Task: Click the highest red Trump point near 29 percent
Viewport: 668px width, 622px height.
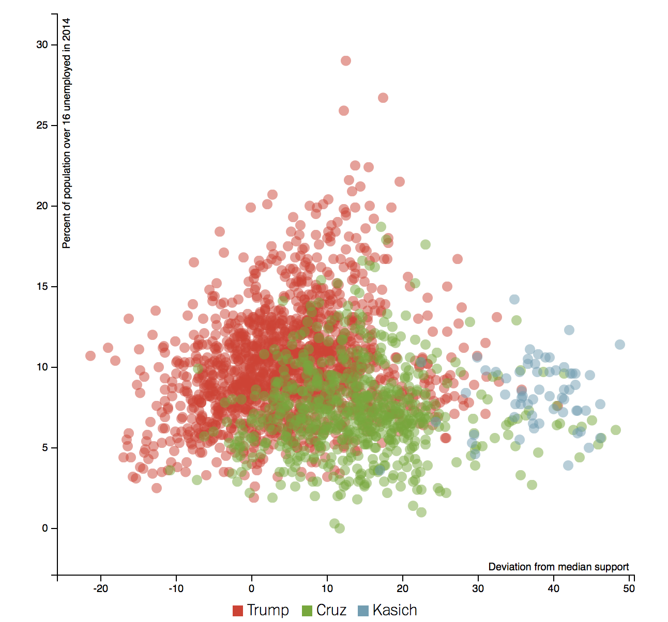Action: click(346, 61)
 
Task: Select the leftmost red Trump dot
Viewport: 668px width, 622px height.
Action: click(90, 355)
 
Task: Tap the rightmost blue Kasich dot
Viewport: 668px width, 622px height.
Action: click(620, 345)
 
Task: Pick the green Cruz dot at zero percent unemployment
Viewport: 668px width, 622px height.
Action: click(340, 528)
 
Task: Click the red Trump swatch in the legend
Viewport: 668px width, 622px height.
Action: click(238, 611)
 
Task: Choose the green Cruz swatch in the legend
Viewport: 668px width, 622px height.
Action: click(307, 611)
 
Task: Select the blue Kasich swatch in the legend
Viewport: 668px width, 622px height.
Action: click(363, 611)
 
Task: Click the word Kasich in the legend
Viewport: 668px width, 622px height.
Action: click(394, 610)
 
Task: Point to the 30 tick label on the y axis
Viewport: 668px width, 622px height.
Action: click(42, 45)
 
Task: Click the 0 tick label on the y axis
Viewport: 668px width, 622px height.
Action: click(45, 528)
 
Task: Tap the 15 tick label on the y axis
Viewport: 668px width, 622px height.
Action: click(42, 287)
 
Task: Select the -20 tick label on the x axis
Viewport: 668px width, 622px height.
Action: click(100, 588)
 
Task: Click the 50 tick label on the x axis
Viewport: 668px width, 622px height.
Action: click(629, 588)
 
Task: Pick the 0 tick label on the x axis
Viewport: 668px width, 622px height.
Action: click(252, 588)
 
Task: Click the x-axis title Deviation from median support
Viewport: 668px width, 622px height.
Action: click(558, 567)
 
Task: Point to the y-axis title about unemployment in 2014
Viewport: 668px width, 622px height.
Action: click(66, 133)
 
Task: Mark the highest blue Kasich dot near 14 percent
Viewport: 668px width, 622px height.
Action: click(514, 299)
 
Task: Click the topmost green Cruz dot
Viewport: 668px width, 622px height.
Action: click(381, 227)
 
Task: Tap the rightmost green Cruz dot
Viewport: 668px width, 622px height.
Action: click(615, 430)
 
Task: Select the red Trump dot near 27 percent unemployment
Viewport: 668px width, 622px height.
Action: click(383, 98)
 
